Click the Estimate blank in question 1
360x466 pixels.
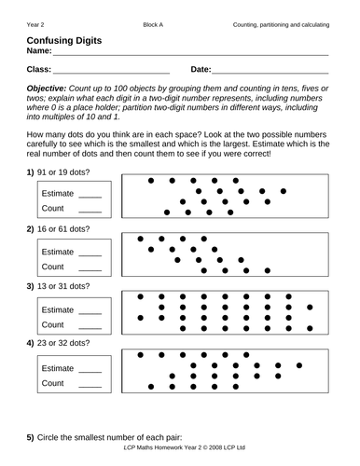pyautogui.click(x=90, y=195)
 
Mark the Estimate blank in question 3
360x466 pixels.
pyautogui.click(x=90, y=311)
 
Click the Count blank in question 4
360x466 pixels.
pyautogui.click(x=90, y=384)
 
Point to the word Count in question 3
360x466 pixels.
pyautogui.click(x=52, y=326)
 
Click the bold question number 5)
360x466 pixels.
pyautogui.click(x=31, y=437)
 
